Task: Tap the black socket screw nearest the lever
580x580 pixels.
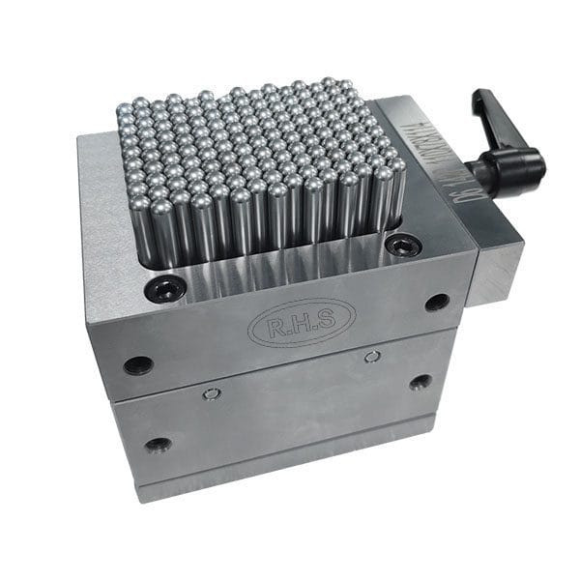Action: click(x=402, y=246)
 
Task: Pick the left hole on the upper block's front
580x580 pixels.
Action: click(x=138, y=365)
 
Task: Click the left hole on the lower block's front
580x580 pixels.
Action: click(x=158, y=445)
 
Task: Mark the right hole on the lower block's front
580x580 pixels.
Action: click(x=420, y=382)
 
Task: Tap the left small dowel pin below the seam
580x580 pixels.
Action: click(x=212, y=393)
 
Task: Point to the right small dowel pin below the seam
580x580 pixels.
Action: click(x=372, y=357)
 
